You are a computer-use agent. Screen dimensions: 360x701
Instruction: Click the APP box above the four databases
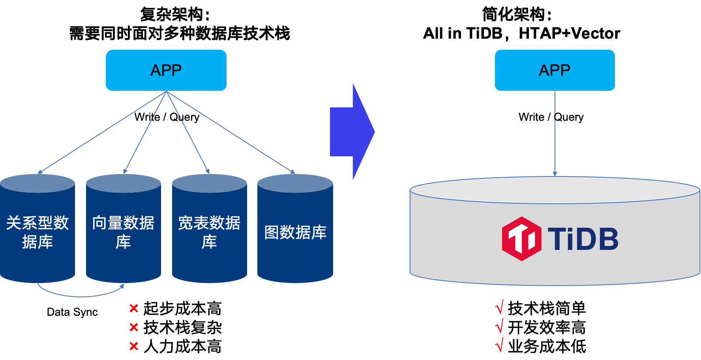pos(166,70)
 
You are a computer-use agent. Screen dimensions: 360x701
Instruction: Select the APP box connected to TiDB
pos(555,70)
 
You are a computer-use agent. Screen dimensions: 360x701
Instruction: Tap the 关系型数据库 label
pos(37,232)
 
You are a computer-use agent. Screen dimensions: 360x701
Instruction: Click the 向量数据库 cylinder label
pos(123,232)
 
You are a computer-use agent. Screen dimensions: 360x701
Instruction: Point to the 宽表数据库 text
pos(209,232)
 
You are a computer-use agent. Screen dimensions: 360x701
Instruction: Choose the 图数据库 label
pos(295,232)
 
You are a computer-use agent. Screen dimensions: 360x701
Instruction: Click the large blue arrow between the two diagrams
pos(351,131)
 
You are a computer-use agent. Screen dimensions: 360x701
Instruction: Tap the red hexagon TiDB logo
pos(521,239)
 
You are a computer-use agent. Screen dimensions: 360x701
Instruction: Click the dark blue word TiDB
pos(583,239)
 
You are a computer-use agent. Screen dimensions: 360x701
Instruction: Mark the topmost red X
pos(134,308)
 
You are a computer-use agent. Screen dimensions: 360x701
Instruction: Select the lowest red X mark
pos(134,346)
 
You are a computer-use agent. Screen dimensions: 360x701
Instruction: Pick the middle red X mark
pos(134,327)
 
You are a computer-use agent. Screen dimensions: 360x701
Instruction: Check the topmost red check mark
pos(500,307)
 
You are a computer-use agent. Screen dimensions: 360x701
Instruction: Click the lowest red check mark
pos(500,345)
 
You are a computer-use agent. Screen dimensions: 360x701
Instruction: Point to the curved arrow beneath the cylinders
pos(81,295)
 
